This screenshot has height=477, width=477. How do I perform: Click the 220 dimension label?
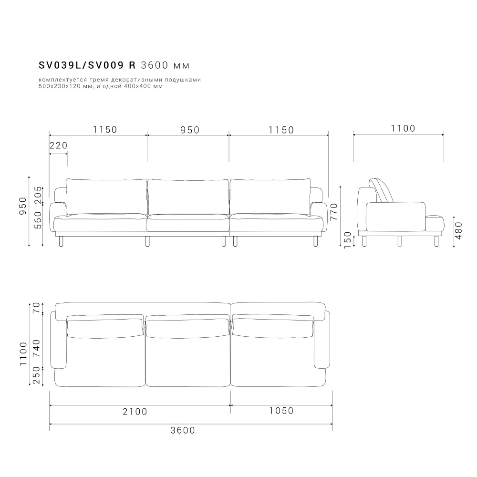58,145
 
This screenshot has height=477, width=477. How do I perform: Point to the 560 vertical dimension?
39,220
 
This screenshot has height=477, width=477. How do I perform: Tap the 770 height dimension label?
334,211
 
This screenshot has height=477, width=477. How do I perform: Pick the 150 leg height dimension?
348,239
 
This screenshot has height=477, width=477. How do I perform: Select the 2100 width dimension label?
135,411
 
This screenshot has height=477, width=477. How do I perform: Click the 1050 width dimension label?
281,411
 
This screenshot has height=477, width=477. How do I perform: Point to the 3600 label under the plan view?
183,430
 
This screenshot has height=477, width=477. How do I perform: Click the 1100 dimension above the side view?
403,128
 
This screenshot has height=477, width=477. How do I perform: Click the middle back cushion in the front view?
188,197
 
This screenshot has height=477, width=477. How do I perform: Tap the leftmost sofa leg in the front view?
60,241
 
